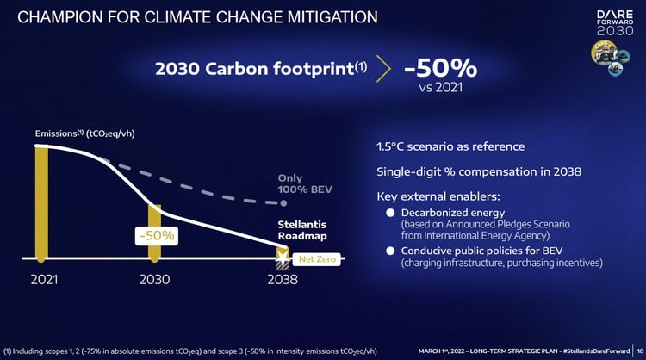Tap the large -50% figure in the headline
(440, 68)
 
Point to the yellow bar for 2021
(40, 203)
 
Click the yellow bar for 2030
(154, 231)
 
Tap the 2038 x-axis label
(282, 279)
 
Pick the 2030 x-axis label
(155, 279)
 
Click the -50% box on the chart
(155, 234)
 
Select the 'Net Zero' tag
(318, 258)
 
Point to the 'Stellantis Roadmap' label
(301, 228)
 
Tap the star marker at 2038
(282, 254)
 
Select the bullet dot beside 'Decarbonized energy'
(390, 213)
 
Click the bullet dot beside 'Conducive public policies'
(390, 251)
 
